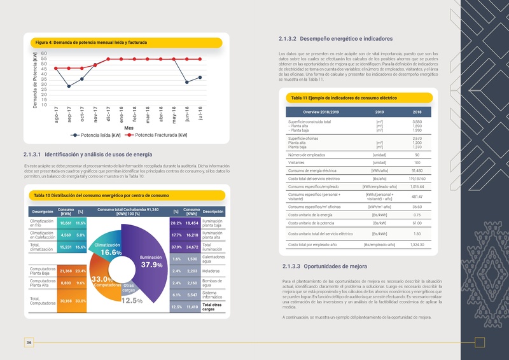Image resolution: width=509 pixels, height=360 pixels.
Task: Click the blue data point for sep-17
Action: [69, 87]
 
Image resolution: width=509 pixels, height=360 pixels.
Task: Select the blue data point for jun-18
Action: [187, 82]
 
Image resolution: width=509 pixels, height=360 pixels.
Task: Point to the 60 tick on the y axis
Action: [43, 53]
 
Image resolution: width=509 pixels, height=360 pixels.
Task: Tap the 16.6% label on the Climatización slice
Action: [111, 253]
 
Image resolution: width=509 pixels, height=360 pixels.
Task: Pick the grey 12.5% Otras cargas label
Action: [132, 301]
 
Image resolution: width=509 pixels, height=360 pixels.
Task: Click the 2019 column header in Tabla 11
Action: [379, 113]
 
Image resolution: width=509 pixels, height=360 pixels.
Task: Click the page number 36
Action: [29, 343]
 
